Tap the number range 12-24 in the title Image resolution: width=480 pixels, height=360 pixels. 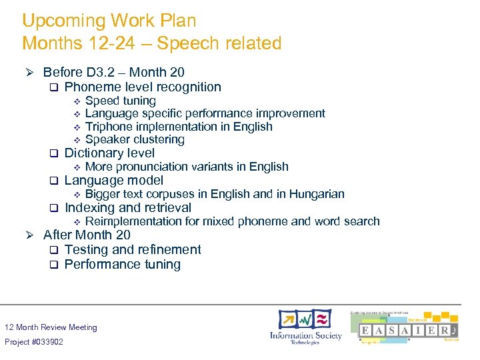tap(107, 43)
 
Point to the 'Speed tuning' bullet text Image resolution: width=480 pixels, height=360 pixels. tap(121, 101)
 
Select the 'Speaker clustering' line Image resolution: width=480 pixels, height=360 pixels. tap(135, 139)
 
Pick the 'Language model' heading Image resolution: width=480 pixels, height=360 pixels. tap(113, 180)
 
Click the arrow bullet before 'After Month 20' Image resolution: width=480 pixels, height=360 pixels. tap(29, 235)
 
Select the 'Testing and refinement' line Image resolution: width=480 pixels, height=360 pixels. tap(133, 249)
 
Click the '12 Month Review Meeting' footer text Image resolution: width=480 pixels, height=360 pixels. tap(51, 327)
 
